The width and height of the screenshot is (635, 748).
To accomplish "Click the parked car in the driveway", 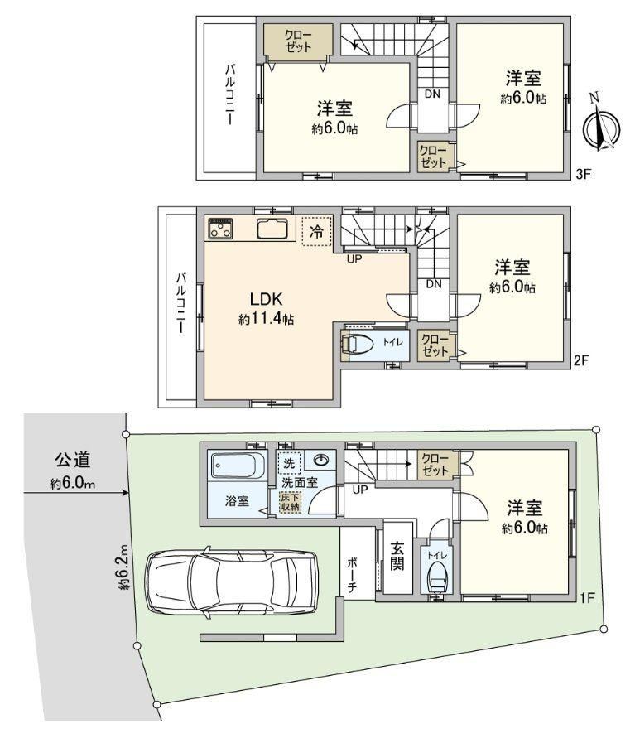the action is click(x=231, y=582).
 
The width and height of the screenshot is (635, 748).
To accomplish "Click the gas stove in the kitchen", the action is click(x=220, y=228).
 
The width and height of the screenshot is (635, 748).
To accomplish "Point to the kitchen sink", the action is click(x=272, y=229).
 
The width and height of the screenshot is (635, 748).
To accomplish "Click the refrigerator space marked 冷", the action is click(x=316, y=231).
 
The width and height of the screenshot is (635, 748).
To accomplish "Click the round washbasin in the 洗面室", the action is click(x=322, y=461).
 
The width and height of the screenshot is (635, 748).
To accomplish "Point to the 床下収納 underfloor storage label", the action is click(x=290, y=501).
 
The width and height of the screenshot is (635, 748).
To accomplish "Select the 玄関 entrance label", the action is click(x=397, y=556).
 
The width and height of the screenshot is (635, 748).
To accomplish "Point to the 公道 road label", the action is click(x=72, y=460).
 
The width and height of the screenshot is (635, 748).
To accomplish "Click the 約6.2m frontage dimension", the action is click(x=124, y=567).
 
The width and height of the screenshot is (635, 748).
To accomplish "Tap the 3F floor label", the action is click(x=583, y=174).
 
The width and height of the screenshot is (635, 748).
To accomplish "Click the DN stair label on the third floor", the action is click(x=432, y=94).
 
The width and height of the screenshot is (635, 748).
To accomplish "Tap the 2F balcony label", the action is click(x=181, y=303).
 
